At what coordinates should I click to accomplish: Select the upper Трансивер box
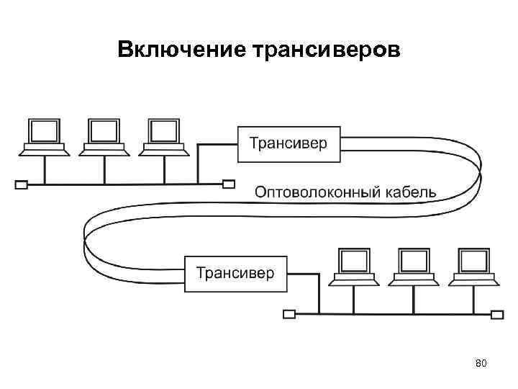coord(288,143)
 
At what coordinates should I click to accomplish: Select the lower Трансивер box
coord(235,273)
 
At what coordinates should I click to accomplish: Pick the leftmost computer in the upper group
coord(45,136)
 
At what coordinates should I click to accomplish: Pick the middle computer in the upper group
coord(104,136)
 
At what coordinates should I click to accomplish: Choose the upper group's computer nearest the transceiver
coord(163,136)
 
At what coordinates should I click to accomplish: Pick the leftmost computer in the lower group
coord(354,267)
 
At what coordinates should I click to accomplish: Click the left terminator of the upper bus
coord(21,184)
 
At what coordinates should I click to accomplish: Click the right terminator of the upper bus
coord(228,184)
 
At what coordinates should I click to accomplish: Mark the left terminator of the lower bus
coord(289,314)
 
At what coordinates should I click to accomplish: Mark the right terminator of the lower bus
coord(496,314)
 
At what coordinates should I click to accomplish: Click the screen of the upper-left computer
coord(45,130)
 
